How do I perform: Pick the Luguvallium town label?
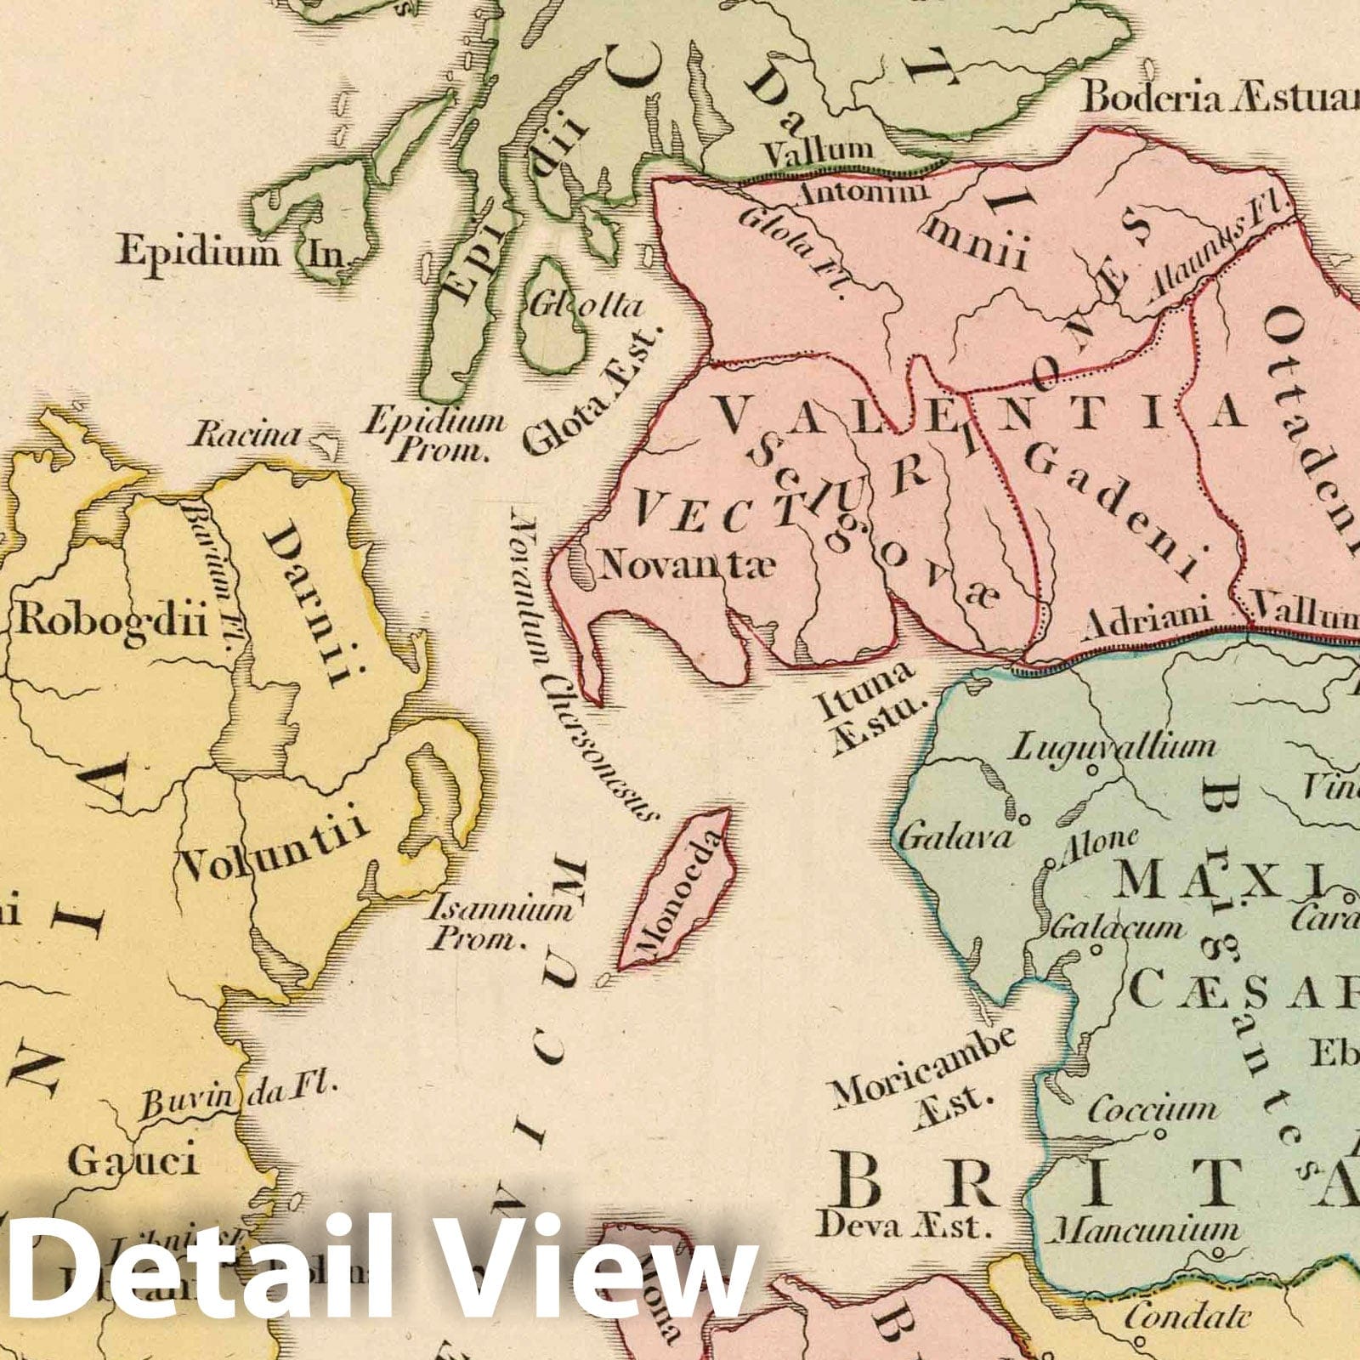pos(1113,748)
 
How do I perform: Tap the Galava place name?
pos(957,837)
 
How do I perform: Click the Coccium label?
pos(1153,1109)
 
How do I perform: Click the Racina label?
pos(246,436)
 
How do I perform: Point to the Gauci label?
pos(132,1159)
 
